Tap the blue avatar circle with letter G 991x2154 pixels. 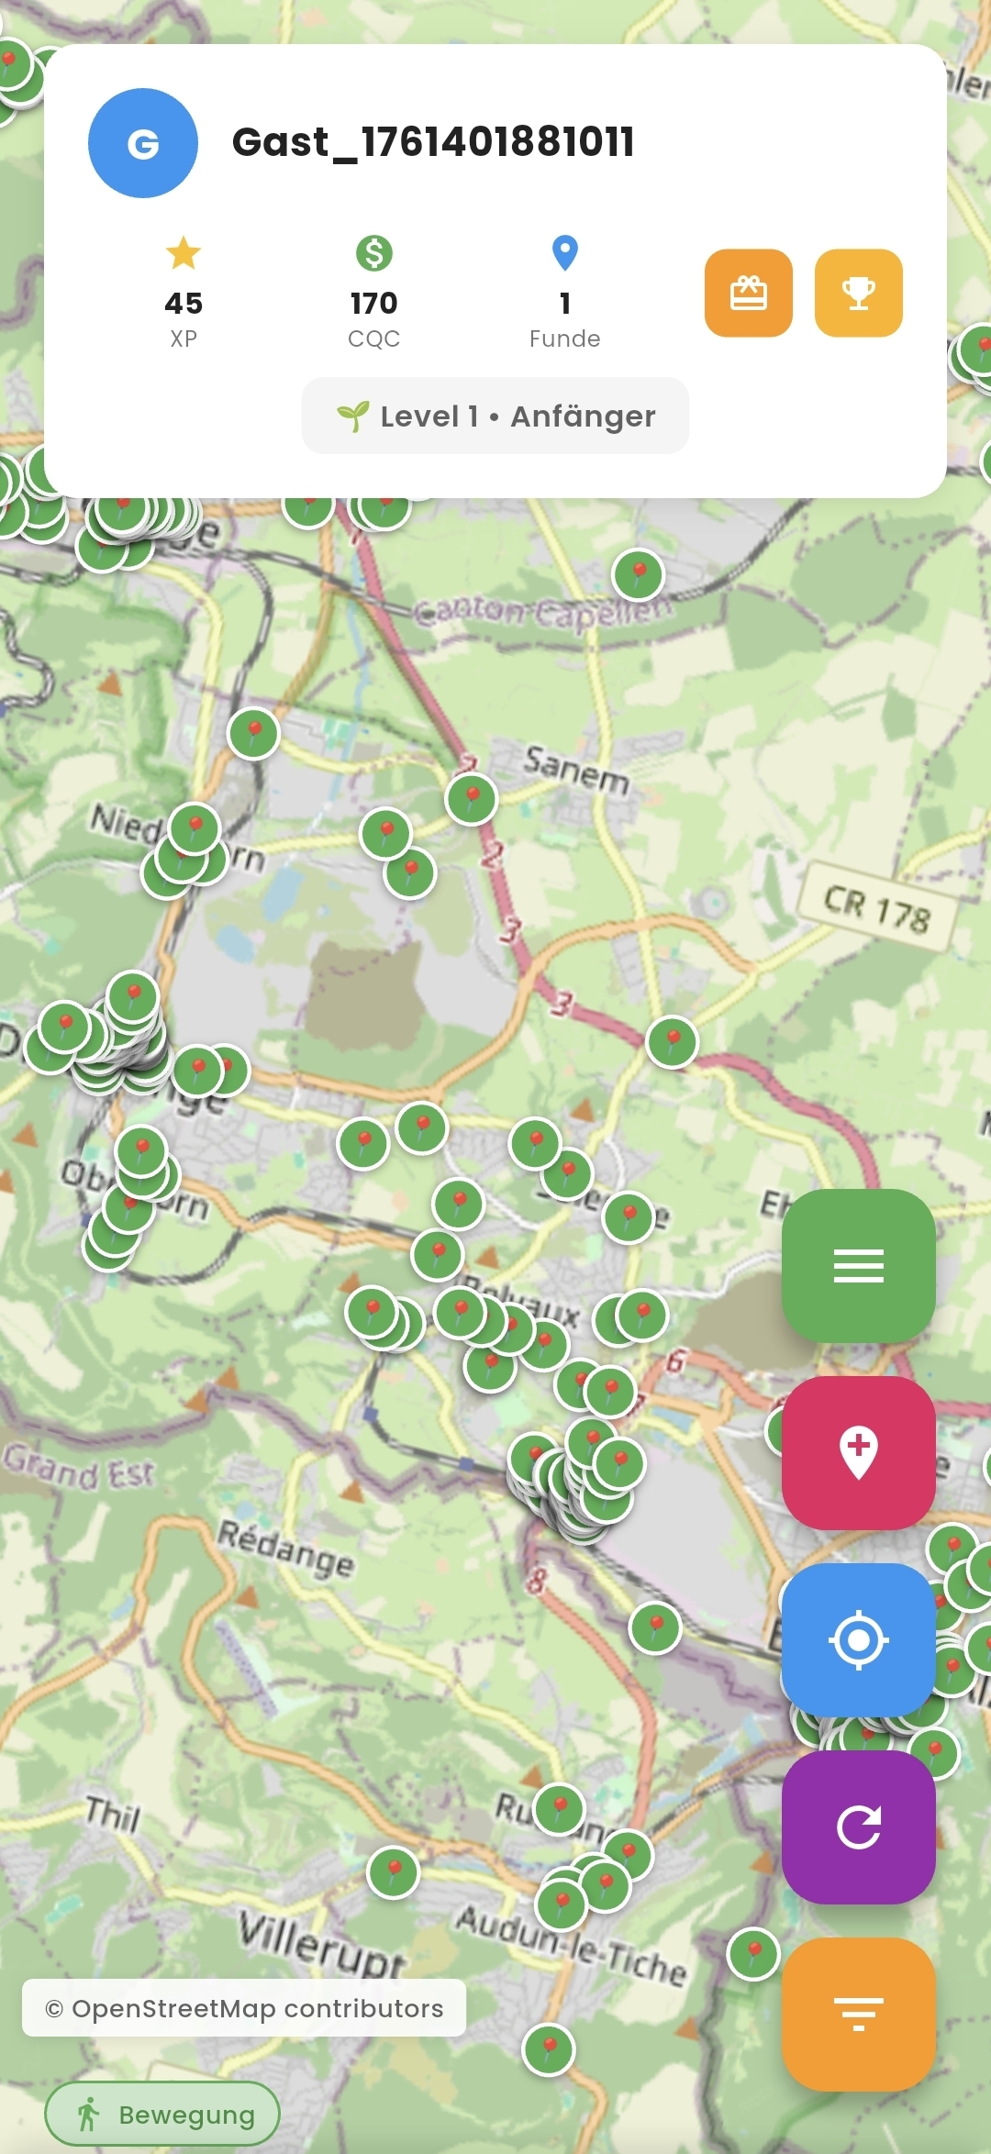tap(143, 143)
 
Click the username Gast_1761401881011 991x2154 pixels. tap(433, 142)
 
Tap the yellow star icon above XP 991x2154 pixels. tap(184, 253)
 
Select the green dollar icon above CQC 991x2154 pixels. tap(374, 253)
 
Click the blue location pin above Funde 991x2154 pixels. tap(565, 253)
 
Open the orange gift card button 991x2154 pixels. tap(749, 294)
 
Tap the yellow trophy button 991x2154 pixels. tap(859, 294)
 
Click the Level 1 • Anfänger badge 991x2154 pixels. tap(495, 416)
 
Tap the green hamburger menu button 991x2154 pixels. tap(859, 1266)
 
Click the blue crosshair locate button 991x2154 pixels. tap(859, 1639)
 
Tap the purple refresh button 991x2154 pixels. tap(859, 1826)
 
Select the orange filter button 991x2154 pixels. tap(859, 2014)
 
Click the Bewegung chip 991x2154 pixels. tap(162, 2115)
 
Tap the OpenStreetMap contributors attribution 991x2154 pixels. tap(244, 2008)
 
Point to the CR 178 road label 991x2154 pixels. tap(877, 907)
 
